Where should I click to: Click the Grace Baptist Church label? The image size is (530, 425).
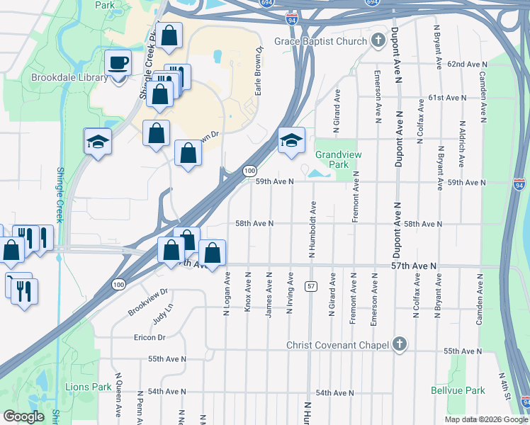tap(321, 41)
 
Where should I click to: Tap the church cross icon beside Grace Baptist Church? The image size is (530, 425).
tap(378, 40)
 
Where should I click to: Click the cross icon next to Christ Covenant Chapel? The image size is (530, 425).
tap(400, 345)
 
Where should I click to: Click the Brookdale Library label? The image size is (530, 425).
tap(69, 78)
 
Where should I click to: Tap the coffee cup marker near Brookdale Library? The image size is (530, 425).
tap(118, 63)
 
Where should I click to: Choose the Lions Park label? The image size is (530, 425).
tap(88, 387)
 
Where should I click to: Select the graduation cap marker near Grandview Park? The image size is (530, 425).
tap(291, 141)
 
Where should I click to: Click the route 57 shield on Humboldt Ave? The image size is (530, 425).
tap(311, 285)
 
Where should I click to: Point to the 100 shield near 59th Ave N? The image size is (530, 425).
tap(249, 171)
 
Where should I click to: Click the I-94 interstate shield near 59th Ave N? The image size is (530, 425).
tap(519, 185)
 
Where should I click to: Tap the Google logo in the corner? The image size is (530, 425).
tap(23, 416)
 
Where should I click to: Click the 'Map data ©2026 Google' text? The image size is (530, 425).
tap(486, 419)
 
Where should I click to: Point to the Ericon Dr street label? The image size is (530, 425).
tap(149, 337)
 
